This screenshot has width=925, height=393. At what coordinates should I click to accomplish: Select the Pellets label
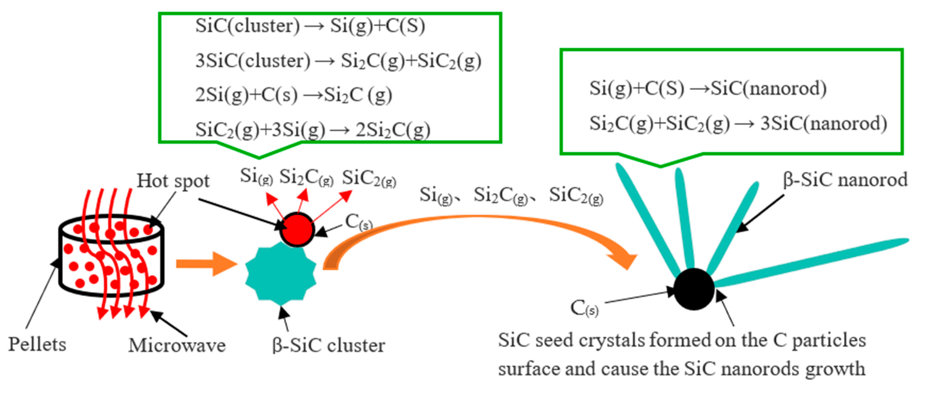coord(37,344)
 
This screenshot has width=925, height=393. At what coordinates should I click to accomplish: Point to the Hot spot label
coord(173,181)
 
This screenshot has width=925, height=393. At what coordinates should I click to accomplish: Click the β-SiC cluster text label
coord(328,346)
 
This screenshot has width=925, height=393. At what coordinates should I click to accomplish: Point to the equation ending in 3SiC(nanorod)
coord(738,123)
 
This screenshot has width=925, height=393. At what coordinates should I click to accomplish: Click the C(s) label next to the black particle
coord(584,308)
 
